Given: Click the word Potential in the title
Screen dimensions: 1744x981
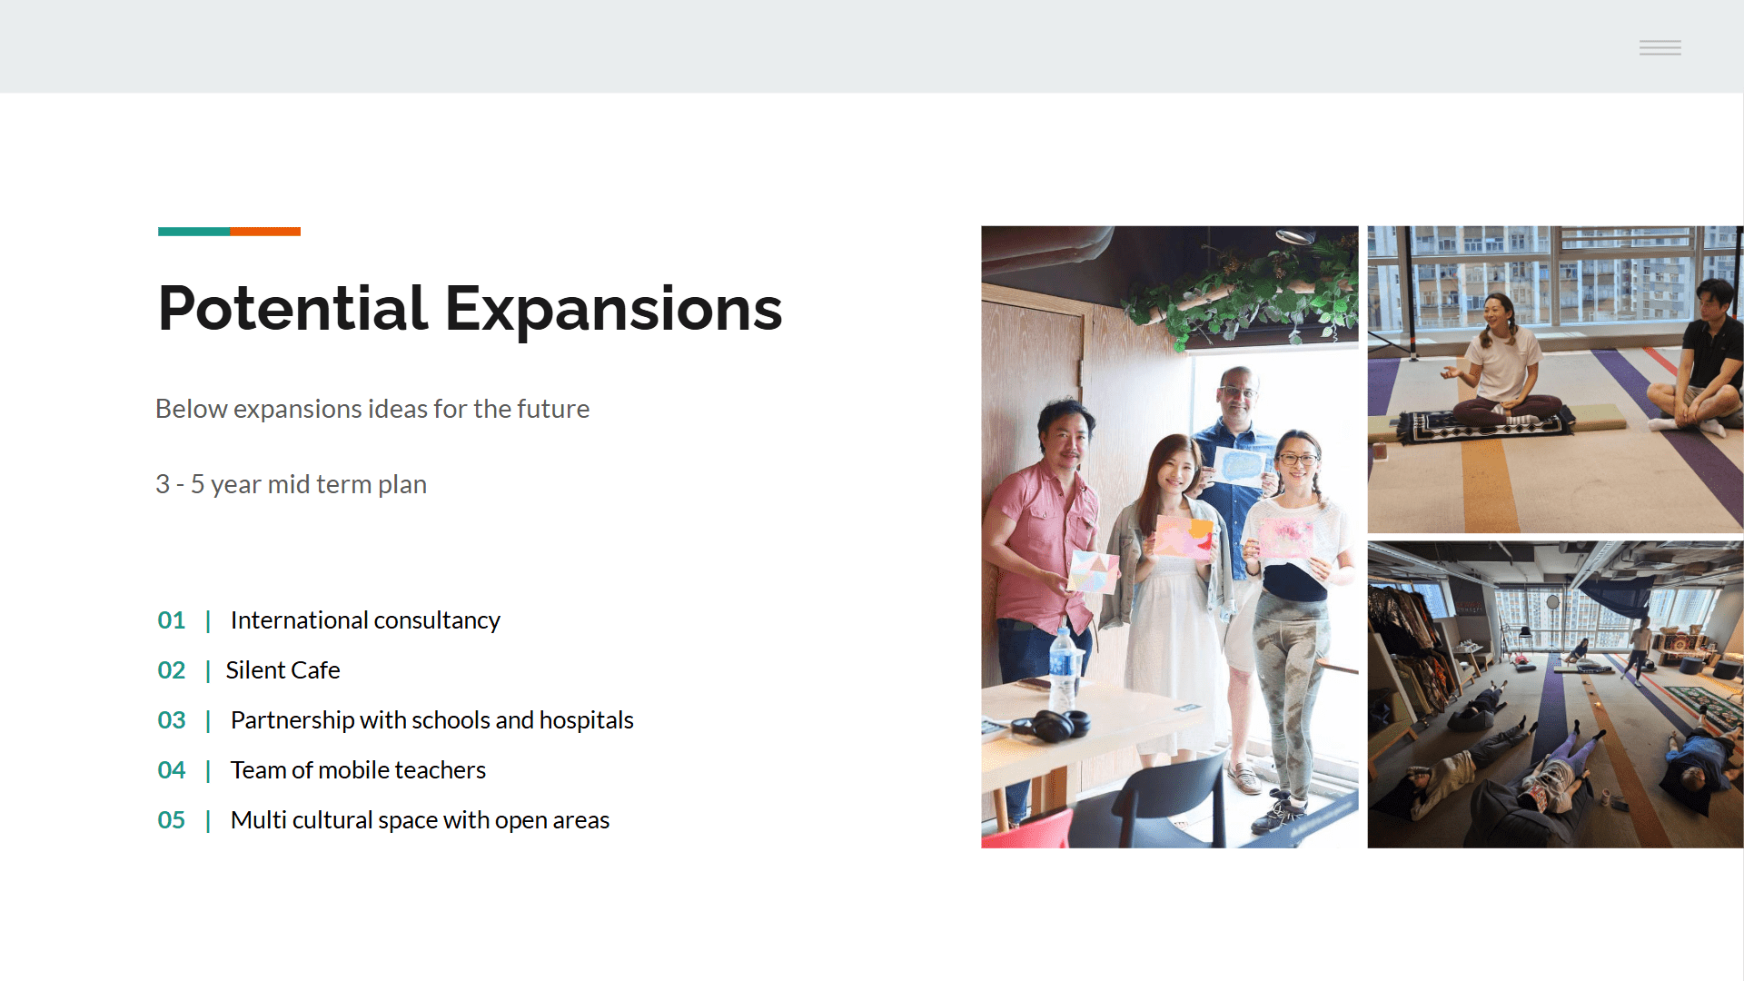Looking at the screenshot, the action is [292, 309].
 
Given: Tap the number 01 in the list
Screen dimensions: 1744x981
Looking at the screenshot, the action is [171, 620].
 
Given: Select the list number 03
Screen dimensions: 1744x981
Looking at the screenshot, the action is [171, 720].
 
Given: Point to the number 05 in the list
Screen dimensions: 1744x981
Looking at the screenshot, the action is [171, 820].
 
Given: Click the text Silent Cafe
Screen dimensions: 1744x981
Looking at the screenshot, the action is [283, 670].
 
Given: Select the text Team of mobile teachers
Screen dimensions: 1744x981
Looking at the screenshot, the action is [358, 770].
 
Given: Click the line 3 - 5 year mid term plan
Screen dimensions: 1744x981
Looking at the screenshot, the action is [291, 484].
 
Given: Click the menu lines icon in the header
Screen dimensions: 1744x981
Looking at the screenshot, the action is [1660, 47].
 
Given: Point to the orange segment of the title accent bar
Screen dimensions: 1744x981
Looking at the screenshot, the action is [265, 232].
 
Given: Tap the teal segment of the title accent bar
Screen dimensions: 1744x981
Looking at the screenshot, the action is [193, 232].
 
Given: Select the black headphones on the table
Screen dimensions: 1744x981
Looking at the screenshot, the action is [1051, 725].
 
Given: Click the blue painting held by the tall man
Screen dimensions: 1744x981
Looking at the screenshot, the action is [1239, 466].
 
